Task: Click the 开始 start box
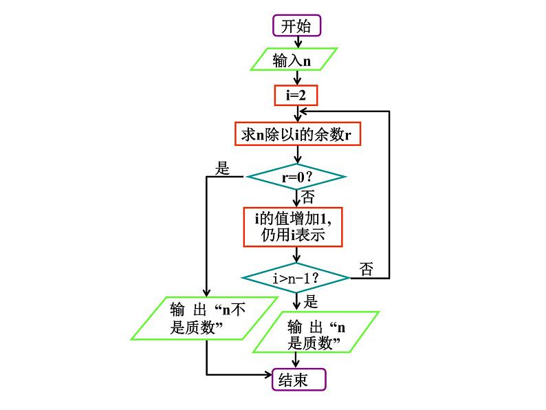[297, 26]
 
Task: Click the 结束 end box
[297, 379]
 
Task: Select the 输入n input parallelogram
[293, 60]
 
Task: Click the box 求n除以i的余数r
[297, 134]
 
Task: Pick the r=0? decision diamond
[296, 177]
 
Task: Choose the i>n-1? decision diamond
[296, 278]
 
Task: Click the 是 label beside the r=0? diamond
[222, 169]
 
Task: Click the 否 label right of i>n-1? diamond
[367, 269]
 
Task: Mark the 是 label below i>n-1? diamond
[310, 301]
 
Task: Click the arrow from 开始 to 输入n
[297, 42]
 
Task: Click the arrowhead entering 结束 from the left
[269, 375]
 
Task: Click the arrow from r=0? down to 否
[297, 197]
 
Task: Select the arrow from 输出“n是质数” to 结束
[297, 361]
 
